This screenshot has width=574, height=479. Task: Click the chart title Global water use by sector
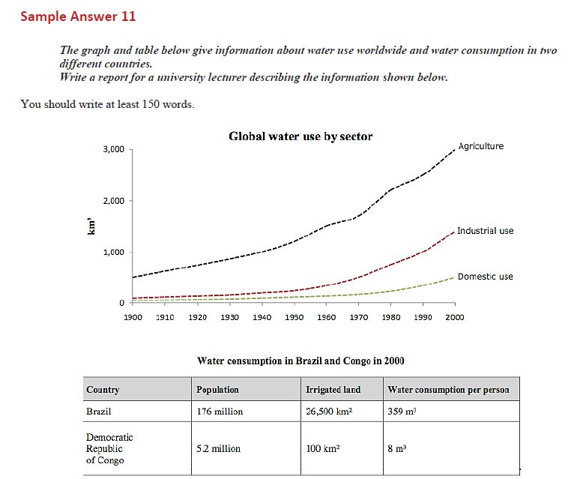[300, 136]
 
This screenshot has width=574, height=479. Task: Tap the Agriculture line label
[480, 146]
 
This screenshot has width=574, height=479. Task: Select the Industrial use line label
[485, 231]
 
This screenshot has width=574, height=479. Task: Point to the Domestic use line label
[485, 277]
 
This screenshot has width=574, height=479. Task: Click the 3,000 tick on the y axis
[113, 149]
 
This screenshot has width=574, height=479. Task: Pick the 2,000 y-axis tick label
[113, 201]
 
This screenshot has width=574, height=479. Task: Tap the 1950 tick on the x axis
[294, 317]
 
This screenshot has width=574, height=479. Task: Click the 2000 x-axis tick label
[454, 317]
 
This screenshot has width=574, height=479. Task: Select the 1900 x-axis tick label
[133, 317]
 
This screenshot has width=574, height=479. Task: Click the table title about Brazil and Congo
[300, 361]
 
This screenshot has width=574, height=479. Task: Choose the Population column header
[217, 390]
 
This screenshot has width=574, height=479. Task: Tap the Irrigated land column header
[333, 390]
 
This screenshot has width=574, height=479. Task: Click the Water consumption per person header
[448, 390]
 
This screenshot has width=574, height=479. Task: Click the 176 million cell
[220, 411]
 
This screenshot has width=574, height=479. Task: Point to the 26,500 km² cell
[330, 411]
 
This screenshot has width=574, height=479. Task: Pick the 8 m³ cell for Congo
[396, 448]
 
